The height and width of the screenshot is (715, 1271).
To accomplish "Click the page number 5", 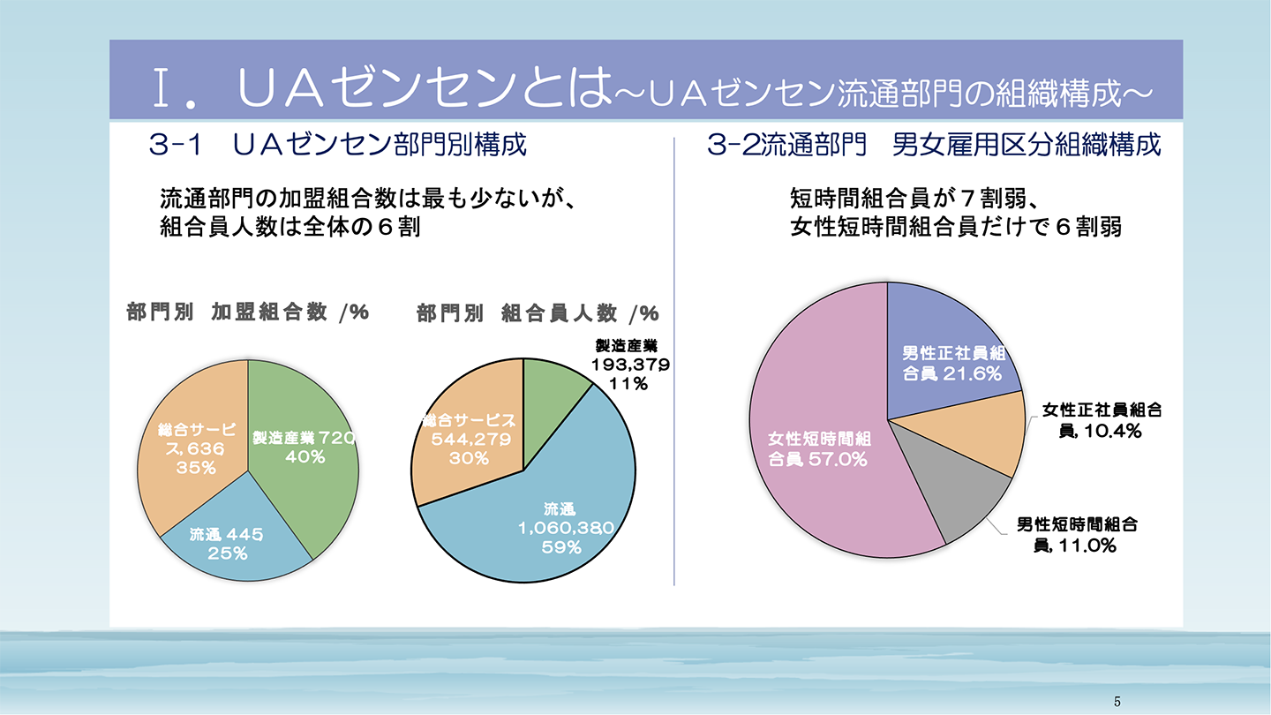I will tap(1117, 702).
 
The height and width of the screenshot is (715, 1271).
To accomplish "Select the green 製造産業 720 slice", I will tap(305, 477).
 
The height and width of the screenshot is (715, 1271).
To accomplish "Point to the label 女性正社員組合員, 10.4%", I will tap(1101, 420).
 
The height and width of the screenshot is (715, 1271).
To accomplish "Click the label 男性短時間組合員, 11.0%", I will tap(1076, 535).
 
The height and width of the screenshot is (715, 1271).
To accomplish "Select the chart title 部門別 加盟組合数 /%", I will tap(247, 312).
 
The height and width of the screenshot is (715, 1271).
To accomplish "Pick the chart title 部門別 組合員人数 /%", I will tap(538, 313).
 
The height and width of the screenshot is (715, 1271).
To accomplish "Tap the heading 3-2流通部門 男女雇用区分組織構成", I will tap(934, 146).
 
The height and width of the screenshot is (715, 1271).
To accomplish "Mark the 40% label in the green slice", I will tap(305, 456).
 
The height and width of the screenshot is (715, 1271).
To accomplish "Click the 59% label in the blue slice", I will tap(561, 547).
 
